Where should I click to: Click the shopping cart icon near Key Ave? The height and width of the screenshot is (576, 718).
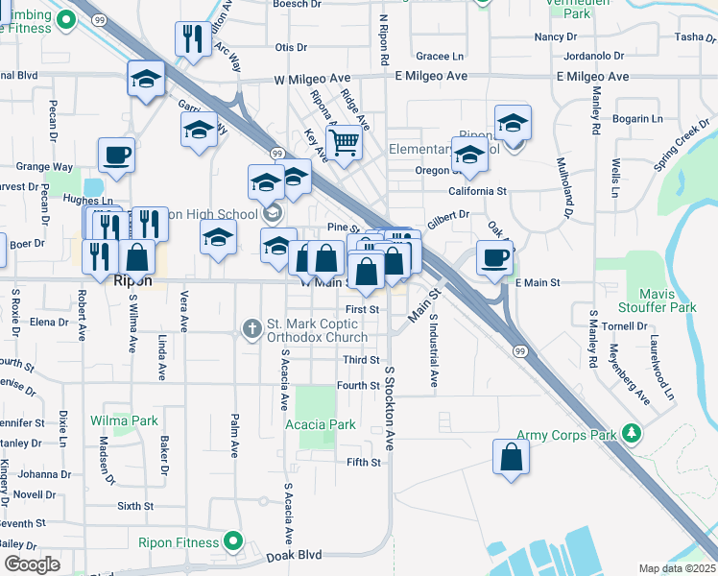[x=343, y=143]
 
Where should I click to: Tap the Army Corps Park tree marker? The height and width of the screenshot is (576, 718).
[x=632, y=433]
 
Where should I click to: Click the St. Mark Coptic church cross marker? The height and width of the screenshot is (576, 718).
[x=251, y=329]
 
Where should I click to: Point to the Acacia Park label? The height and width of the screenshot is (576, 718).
[x=320, y=424]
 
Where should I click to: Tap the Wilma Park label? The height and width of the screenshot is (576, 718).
[x=124, y=420]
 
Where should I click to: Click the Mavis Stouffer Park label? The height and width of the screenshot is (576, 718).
[x=668, y=300]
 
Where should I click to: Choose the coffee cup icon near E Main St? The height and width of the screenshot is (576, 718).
[x=494, y=257]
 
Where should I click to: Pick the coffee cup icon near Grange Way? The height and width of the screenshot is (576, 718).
[x=116, y=154]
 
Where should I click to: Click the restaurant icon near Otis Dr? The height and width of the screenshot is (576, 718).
[x=193, y=38]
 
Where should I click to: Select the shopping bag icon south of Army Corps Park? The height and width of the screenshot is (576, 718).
[x=512, y=456]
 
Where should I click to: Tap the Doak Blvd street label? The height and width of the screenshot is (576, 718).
[x=297, y=556]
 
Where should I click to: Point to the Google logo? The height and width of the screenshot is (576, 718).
[x=32, y=564]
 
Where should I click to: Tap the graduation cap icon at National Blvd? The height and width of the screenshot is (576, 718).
[x=145, y=79]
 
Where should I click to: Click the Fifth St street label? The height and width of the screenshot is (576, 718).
[x=364, y=463]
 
